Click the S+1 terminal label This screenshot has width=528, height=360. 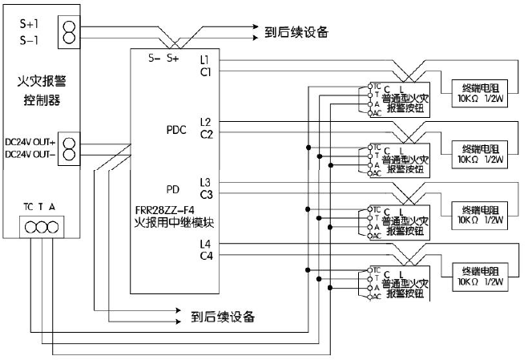tap(30, 22)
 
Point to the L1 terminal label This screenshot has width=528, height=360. tap(206, 60)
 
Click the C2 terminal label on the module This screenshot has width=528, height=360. tap(206, 134)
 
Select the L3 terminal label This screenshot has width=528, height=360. tap(206, 182)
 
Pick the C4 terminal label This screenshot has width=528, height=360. tap(206, 256)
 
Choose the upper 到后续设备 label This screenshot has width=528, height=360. tap(296, 33)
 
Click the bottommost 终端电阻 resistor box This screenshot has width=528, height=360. tap(481, 277)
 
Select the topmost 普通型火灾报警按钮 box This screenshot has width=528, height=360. tap(405, 99)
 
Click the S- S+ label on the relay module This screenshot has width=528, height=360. tap(163, 59)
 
